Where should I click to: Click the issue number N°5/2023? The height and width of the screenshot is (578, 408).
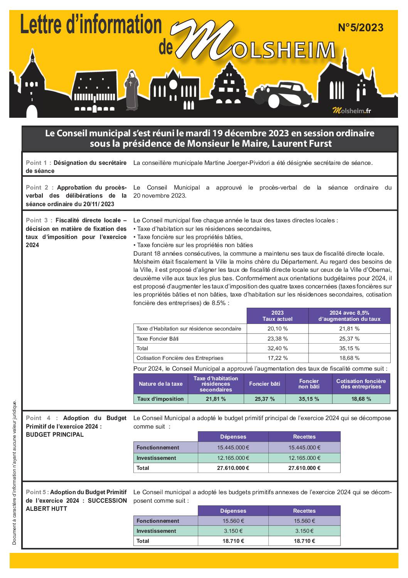pyautogui.click(x=361, y=27)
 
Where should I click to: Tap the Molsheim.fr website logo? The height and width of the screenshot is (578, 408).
pyautogui.click(x=352, y=111)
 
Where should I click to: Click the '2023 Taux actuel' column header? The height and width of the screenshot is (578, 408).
pyautogui.click(x=277, y=316)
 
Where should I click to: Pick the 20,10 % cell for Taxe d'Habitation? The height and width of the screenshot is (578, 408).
pyautogui.click(x=277, y=329)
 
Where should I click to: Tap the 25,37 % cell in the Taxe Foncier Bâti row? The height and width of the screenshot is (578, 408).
pyautogui.click(x=349, y=339)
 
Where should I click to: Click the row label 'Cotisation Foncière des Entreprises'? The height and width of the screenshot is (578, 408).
pyautogui.click(x=180, y=358)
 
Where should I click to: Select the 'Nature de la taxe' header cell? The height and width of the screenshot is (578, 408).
pyautogui.click(x=160, y=384)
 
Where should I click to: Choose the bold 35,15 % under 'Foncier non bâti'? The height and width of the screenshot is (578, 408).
pyautogui.click(x=309, y=399)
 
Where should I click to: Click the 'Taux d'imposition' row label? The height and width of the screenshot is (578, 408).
pyautogui.click(x=160, y=399)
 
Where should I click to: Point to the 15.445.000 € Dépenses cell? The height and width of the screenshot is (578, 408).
pyautogui.click(x=233, y=447)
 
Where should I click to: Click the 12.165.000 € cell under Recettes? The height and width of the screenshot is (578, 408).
pyautogui.click(x=304, y=458)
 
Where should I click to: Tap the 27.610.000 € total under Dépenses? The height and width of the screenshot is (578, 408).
pyautogui.click(x=233, y=468)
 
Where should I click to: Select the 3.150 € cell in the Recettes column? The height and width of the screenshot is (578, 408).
pyautogui.click(x=304, y=531)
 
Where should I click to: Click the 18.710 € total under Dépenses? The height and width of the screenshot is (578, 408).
pyautogui.click(x=233, y=541)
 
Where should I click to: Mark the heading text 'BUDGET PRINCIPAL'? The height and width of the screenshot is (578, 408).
pyautogui.click(x=55, y=435)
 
